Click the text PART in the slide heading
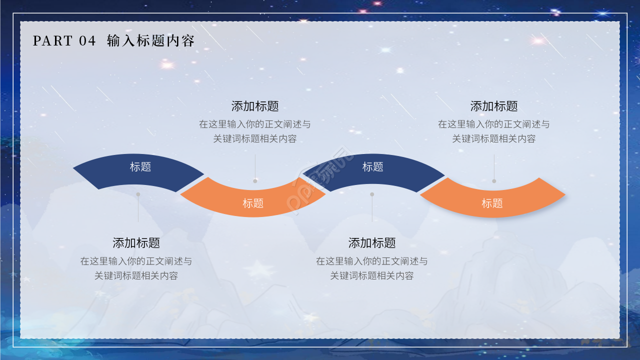coord(52,40)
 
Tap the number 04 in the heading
coord(87,40)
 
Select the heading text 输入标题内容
coord(150,40)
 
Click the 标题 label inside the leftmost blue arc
coord(140,166)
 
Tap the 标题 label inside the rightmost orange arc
coord(492,203)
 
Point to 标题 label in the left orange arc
coord(253,203)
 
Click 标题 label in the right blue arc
coord(372,166)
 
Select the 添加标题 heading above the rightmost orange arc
coord(494,106)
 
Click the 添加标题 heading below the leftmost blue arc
coord(136,243)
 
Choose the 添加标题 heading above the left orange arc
coord(255,106)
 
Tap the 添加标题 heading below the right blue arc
coord(372,243)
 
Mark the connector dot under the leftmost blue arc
coord(138,194)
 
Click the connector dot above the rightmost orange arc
coord(494,181)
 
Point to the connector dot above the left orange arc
coord(255,181)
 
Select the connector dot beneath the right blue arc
coord(372,194)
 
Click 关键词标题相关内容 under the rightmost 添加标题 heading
coord(494,139)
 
